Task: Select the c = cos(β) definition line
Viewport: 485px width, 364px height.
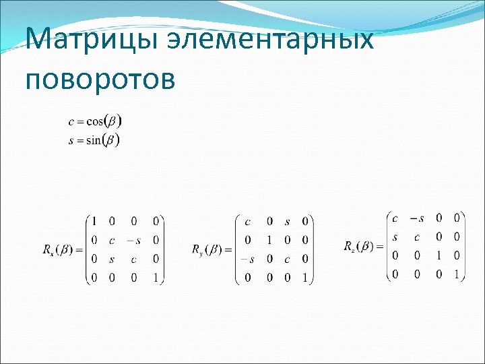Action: pyautogui.click(x=95, y=122)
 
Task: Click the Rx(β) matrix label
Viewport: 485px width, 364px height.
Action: pyautogui.click(x=62, y=250)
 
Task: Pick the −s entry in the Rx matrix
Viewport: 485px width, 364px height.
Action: pyautogui.click(x=134, y=240)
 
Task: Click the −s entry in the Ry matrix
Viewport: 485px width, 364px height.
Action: pyautogui.click(x=249, y=259)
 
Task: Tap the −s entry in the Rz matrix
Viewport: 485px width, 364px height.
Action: pyautogui.click(x=418, y=218)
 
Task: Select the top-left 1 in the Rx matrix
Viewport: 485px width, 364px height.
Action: pyautogui.click(x=94, y=221)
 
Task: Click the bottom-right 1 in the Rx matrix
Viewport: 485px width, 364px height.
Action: pyautogui.click(x=156, y=277)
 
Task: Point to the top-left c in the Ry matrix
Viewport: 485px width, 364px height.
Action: pyautogui.click(x=249, y=221)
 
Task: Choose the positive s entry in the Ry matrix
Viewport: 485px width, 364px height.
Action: pyautogui.click(x=287, y=221)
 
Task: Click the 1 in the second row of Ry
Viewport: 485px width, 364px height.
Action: pyautogui.click(x=269, y=240)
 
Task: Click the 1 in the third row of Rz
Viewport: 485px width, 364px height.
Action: pyautogui.click(x=438, y=255)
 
